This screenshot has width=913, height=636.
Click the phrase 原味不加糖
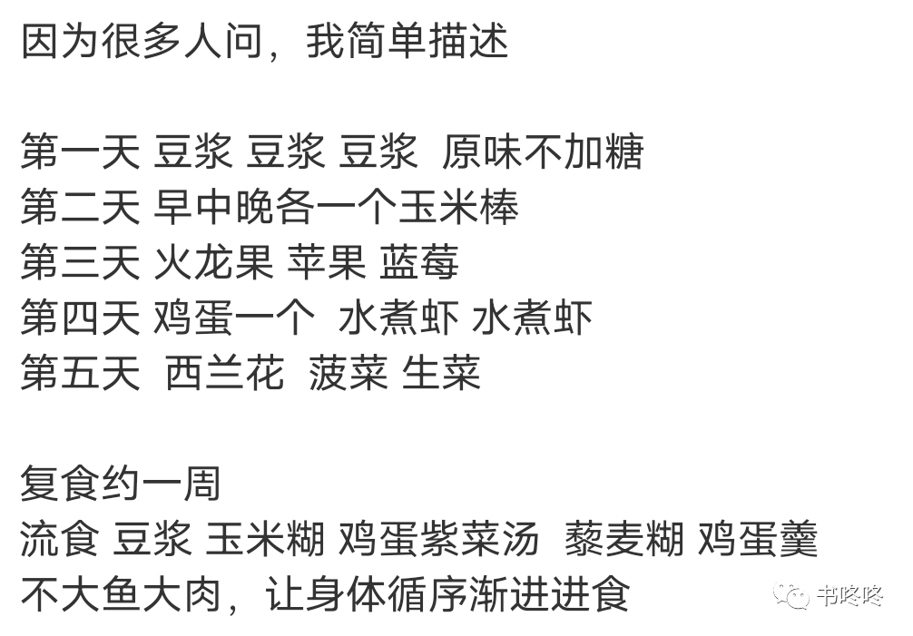coord(543,152)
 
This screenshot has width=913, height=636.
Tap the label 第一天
coord(80,152)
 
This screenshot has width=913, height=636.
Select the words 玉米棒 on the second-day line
coord(459,207)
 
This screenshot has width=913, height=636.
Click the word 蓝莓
coord(419,262)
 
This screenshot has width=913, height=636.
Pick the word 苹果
coord(327,262)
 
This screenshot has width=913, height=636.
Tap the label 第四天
coord(80,318)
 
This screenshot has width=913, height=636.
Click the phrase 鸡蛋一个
coord(234,318)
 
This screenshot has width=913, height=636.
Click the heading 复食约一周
coord(121,484)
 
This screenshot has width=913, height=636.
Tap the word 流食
coord(59,540)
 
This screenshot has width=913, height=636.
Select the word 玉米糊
coord(264,540)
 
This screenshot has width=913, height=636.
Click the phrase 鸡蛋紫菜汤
coord(439,540)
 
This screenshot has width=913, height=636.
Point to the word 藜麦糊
coord(623,540)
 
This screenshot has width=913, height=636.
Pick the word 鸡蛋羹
coord(758,540)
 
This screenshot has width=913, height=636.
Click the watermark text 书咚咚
coord(849,596)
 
